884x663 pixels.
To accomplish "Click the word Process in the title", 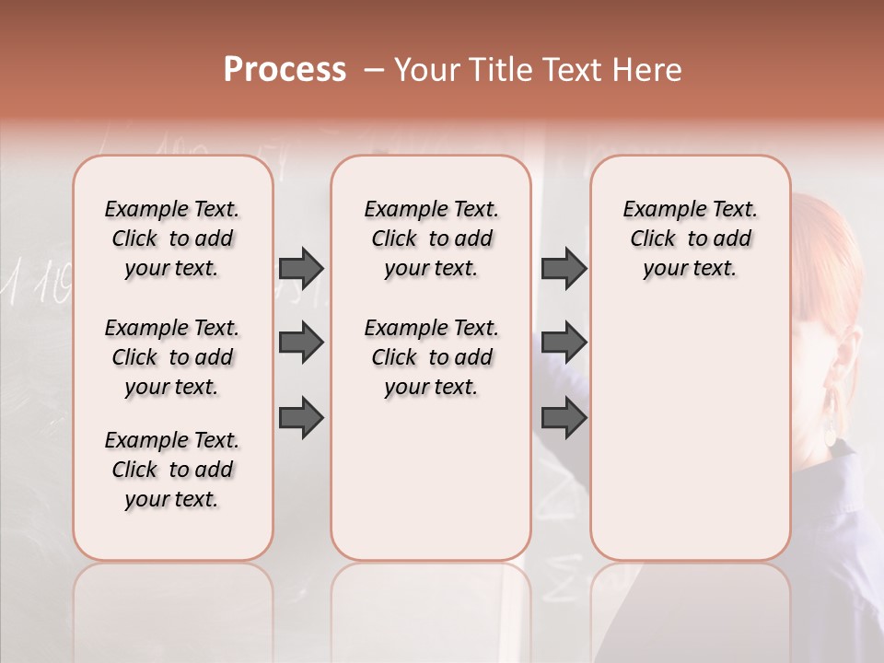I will pos(285,69).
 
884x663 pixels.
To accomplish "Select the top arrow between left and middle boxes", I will pos(301,268).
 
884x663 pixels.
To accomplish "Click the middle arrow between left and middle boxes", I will pos(301,343).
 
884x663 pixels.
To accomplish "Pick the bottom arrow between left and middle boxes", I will pos(301,418).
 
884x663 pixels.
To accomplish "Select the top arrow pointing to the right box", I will pos(564,268).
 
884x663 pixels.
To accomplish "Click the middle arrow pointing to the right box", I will pos(564,343).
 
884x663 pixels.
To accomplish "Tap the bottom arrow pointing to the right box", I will pos(564,418).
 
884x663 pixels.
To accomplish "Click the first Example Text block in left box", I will pos(172,238).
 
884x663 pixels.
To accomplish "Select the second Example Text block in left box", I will pos(172,357).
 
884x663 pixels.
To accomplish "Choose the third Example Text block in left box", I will pos(172,470).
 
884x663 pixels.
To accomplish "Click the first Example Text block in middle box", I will pos(431,238).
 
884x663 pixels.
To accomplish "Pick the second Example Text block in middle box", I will pos(431,357).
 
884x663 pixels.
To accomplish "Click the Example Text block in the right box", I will pos(690,238).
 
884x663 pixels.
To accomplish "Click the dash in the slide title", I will pos(374,70).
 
